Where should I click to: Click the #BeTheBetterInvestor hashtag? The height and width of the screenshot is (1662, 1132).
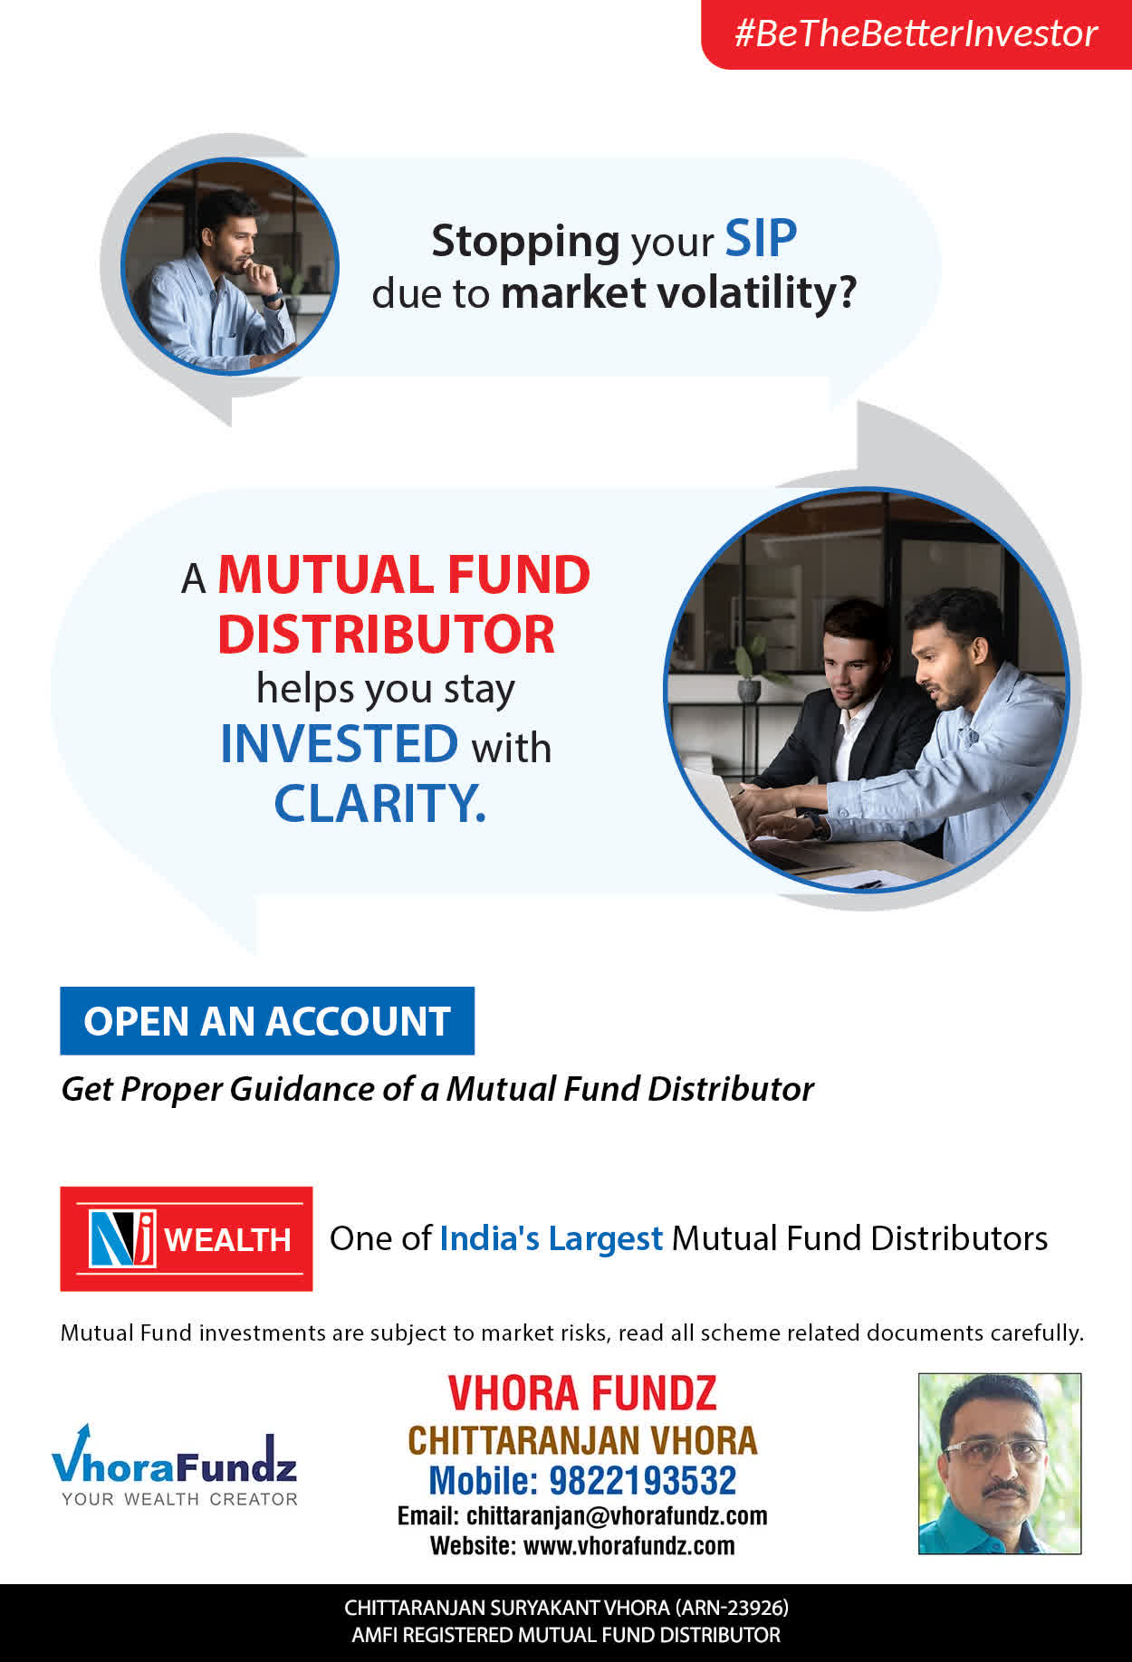pyautogui.click(x=916, y=33)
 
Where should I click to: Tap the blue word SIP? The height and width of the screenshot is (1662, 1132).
pyautogui.click(x=761, y=239)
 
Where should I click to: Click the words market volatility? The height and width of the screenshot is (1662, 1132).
pyautogui.click(x=678, y=293)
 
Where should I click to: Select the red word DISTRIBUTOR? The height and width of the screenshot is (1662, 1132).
pyautogui.click(x=386, y=634)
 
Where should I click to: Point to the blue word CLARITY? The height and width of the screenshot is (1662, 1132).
pyautogui.click(x=380, y=803)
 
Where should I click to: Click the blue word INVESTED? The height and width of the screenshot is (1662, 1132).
pyautogui.click(x=340, y=744)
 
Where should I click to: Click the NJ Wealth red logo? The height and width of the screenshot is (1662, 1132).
pyautogui.click(x=187, y=1238)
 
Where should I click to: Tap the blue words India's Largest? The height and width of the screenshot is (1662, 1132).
pyautogui.click(x=552, y=1238)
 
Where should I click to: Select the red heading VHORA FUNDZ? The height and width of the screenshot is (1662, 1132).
pyautogui.click(x=582, y=1393)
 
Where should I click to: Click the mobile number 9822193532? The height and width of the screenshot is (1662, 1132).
pyautogui.click(x=643, y=1481)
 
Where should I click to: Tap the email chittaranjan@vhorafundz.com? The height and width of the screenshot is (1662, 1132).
pyautogui.click(x=617, y=1516)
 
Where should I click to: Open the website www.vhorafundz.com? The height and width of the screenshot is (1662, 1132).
pyautogui.click(x=629, y=1545)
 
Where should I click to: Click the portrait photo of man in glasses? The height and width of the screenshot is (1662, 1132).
pyautogui.click(x=1000, y=1464)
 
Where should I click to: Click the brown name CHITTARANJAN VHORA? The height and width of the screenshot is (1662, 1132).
pyautogui.click(x=582, y=1440)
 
